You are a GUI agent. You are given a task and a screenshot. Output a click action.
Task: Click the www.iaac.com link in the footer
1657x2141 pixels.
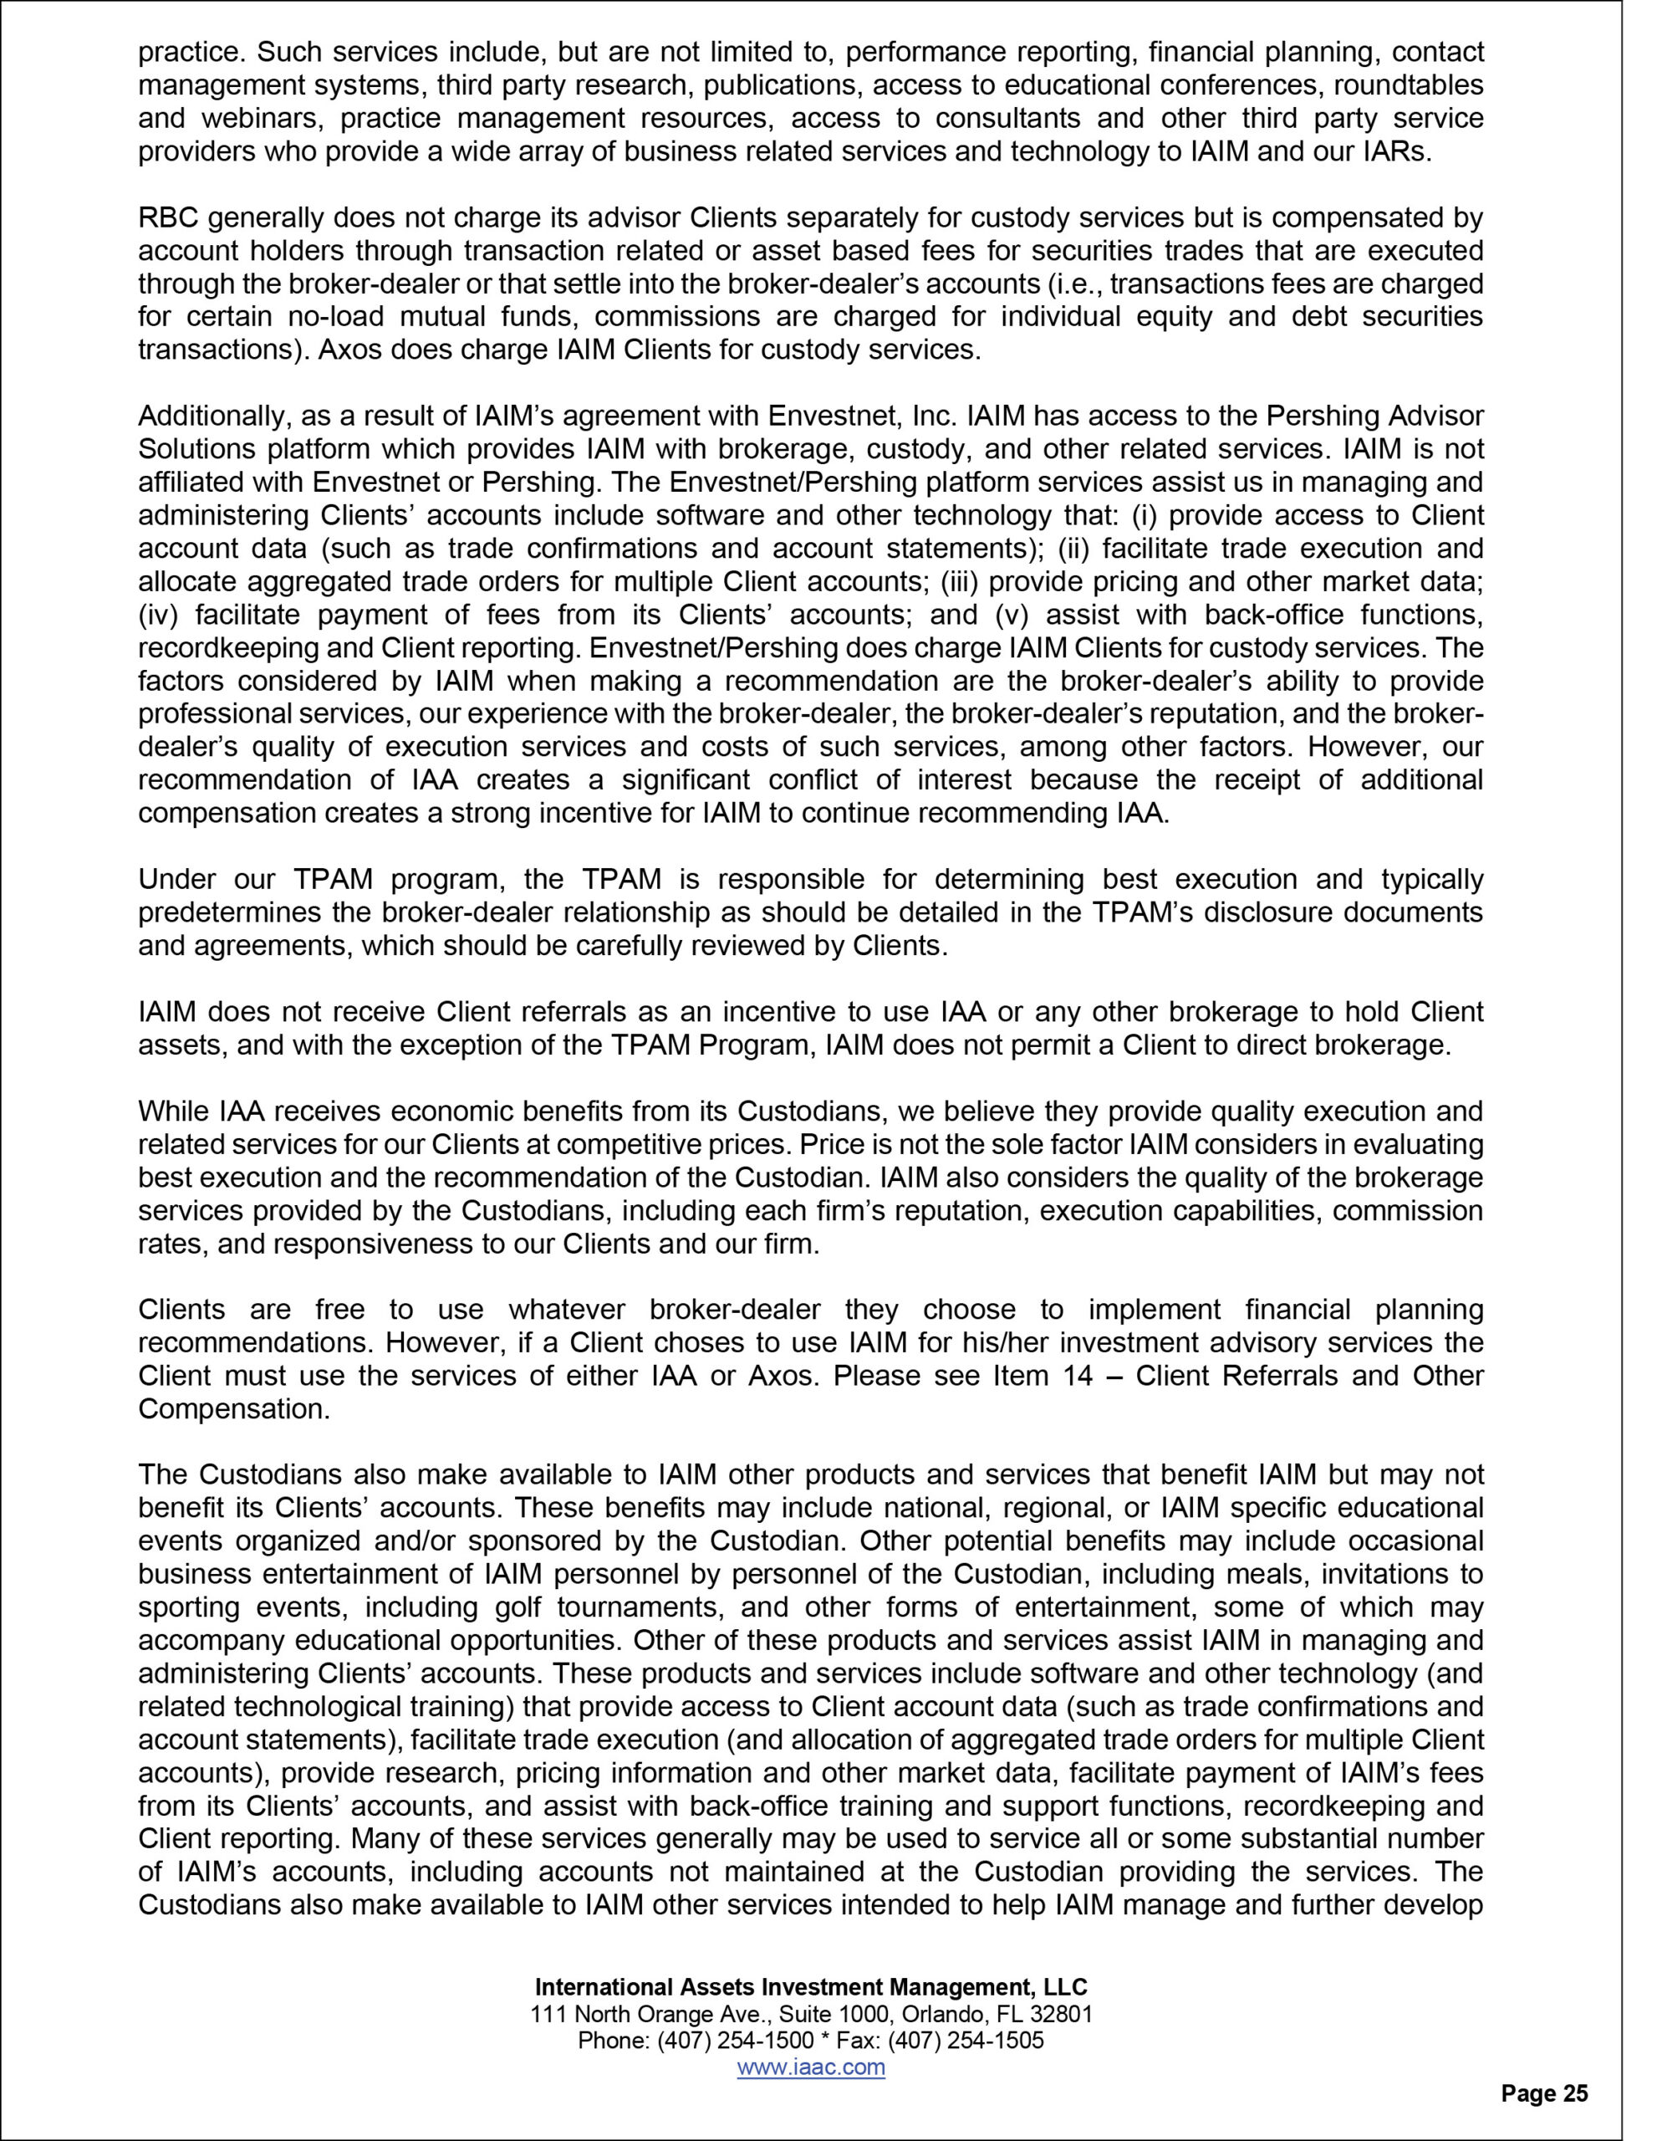coord(810,2067)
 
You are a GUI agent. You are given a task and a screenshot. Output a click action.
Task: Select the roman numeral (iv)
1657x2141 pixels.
coord(159,615)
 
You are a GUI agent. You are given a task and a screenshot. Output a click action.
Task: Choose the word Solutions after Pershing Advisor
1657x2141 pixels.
coord(195,450)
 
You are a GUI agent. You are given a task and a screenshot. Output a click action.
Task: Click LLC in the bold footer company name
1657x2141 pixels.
coord(1066,1987)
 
